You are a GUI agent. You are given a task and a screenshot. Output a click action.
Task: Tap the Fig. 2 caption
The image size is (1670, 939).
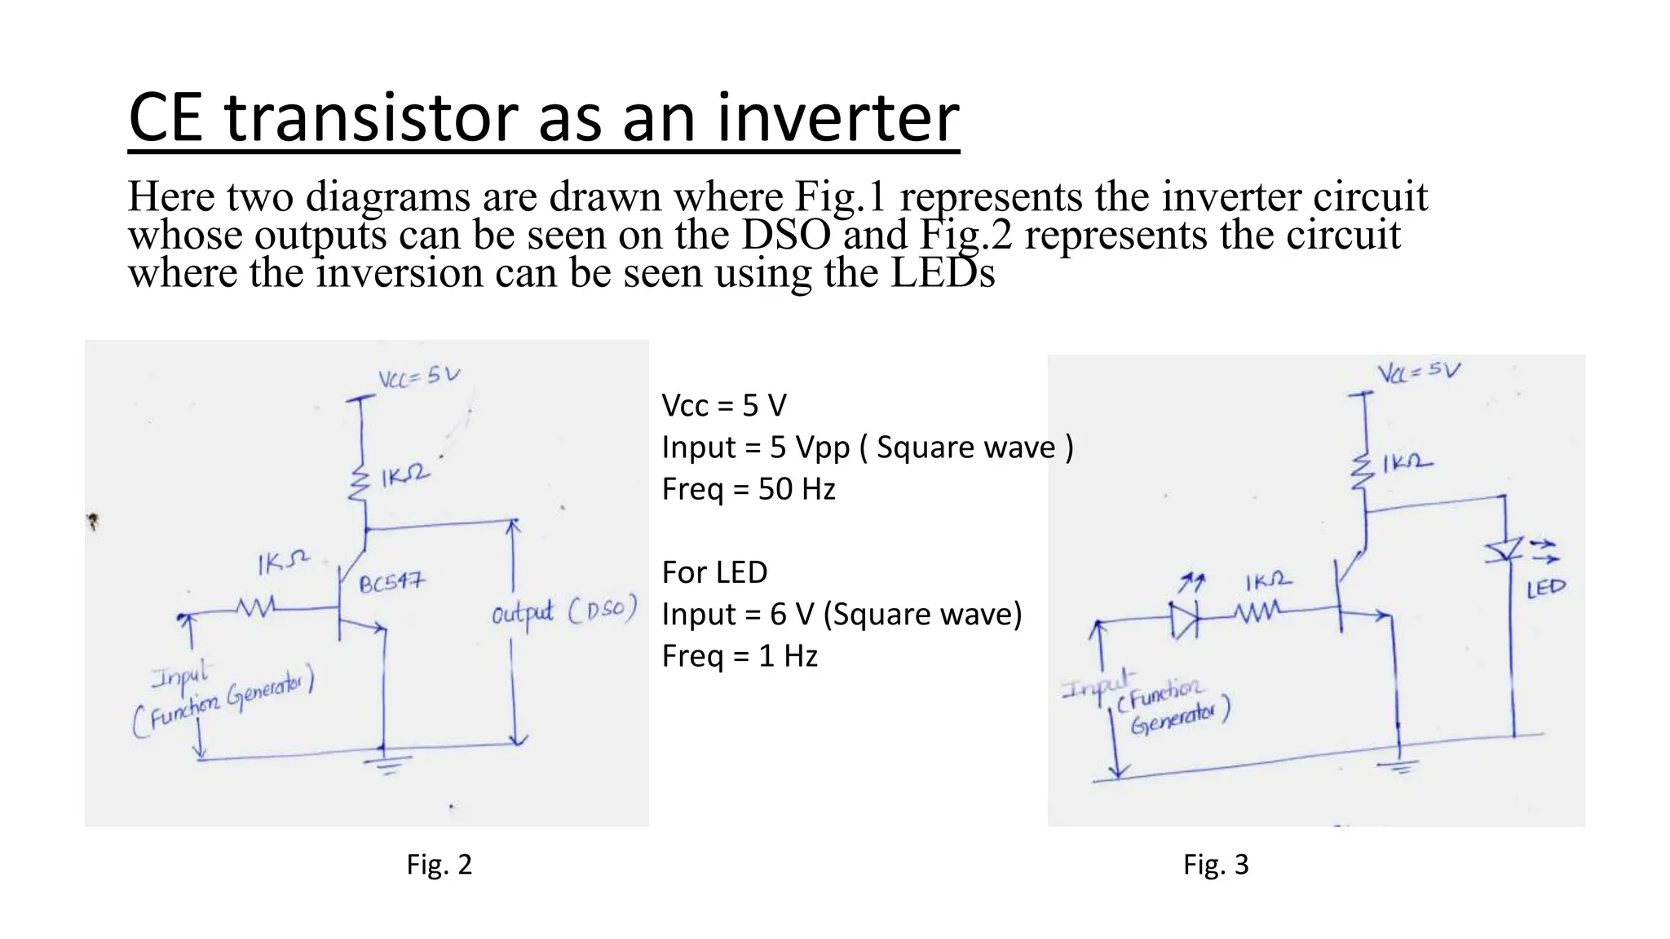tap(439, 864)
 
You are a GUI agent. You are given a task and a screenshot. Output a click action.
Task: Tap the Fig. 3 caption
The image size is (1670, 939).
tap(1216, 864)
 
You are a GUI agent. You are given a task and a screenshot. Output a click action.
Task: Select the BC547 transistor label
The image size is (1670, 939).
tap(392, 583)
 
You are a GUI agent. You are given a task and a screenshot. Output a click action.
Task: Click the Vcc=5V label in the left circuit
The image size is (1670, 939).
tap(419, 376)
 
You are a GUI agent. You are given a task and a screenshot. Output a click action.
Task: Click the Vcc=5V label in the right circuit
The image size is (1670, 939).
tap(1419, 372)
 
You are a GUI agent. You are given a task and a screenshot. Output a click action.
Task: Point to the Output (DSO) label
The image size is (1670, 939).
tap(563, 612)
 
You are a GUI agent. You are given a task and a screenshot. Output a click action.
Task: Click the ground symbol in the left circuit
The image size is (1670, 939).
tap(387, 764)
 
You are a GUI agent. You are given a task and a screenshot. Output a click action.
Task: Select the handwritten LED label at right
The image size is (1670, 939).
tap(1546, 587)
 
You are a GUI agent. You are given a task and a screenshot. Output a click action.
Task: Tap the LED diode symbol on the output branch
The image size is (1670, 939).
tap(1504, 550)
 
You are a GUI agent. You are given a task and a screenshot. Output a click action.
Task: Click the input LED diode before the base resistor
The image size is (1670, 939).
tap(1184, 620)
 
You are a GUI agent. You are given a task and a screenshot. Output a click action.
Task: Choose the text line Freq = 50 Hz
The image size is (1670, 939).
tap(749, 489)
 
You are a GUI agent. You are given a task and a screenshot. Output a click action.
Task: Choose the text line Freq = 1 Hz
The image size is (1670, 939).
tap(740, 656)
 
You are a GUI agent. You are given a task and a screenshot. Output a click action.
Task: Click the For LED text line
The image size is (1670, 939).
tap(714, 572)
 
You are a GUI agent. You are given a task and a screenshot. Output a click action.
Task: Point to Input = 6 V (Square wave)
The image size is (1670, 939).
tap(842, 614)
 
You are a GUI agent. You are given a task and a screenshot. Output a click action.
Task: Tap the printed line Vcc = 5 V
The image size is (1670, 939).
tap(724, 405)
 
